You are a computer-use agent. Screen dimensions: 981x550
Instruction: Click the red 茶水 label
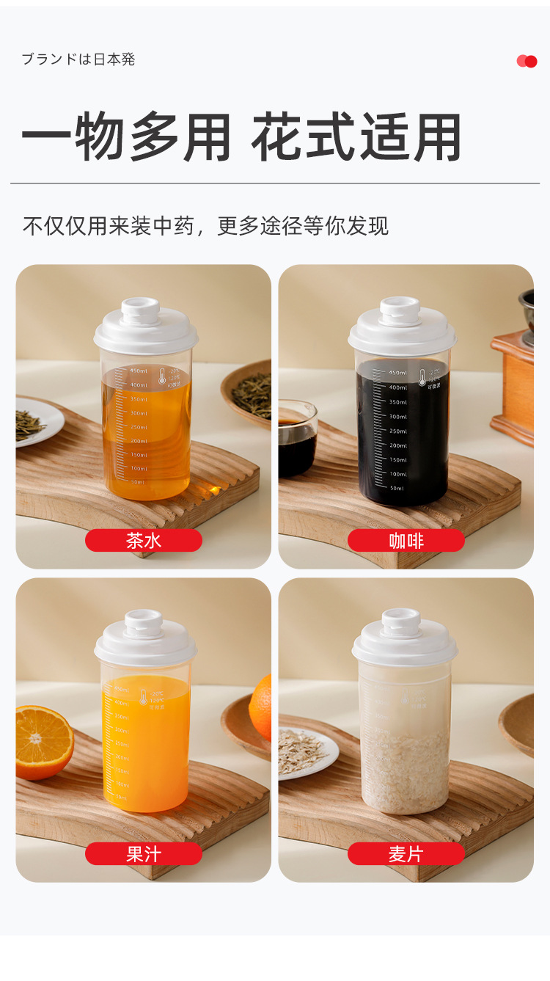(x=144, y=541)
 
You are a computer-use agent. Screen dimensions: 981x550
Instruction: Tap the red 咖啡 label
(x=406, y=541)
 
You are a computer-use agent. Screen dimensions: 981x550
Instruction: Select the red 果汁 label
(x=144, y=853)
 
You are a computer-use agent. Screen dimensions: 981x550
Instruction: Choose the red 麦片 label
(x=406, y=853)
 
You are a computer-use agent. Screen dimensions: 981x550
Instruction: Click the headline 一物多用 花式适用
(x=241, y=137)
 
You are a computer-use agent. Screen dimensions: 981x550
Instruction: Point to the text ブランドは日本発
(x=78, y=59)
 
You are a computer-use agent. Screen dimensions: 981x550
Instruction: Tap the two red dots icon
(x=527, y=62)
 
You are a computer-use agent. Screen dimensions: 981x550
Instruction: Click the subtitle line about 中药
(x=206, y=225)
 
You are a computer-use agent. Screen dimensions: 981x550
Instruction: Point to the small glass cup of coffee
(x=297, y=439)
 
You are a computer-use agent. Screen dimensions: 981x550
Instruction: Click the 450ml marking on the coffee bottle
(x=397, y=373)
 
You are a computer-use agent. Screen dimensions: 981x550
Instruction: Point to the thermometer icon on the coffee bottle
(x=422, y=378)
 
